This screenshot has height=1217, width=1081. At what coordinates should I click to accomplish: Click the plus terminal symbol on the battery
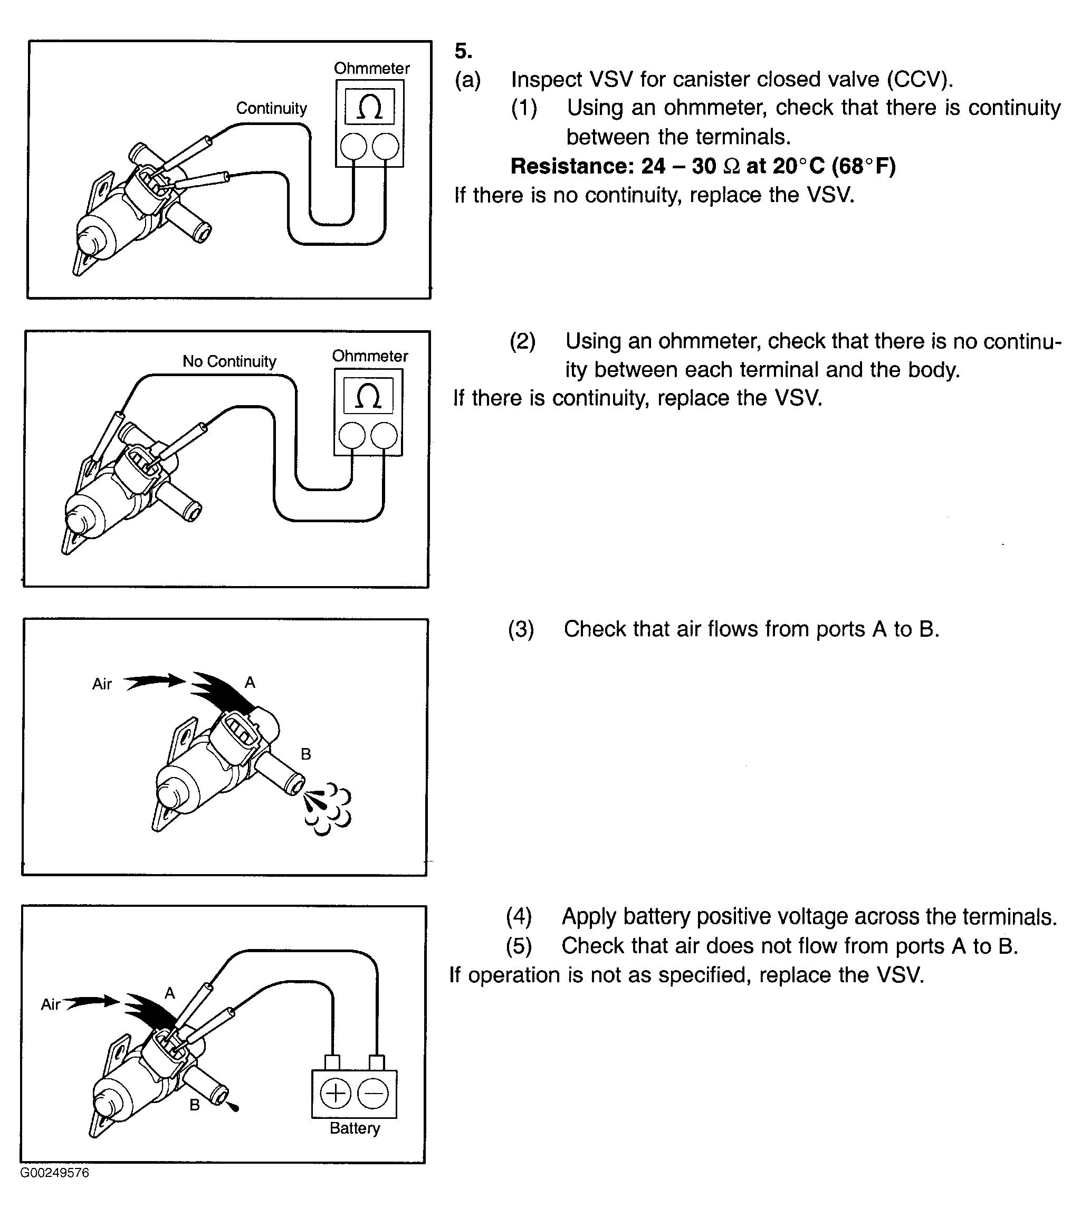point(336,1094)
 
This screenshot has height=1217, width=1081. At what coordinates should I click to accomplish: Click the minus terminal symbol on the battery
point(373,1094)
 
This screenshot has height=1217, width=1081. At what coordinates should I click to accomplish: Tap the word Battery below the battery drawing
point(355,1128)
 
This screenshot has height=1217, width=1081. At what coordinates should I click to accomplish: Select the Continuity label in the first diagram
point(272,108)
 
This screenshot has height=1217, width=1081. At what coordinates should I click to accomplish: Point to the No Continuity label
point(229,361)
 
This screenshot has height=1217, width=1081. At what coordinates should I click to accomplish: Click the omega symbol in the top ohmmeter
point(369,107)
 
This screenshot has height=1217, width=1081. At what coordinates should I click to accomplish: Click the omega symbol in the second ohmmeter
point(368,396)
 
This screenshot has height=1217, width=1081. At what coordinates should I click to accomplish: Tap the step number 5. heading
point(463,51)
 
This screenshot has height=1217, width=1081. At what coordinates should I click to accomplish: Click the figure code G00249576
point(55,1173)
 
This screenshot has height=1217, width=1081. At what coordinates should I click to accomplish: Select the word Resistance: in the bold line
point(572,166)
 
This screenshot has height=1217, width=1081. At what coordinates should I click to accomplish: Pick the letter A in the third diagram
point(250,682)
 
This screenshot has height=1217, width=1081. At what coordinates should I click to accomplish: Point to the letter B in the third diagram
point(306,754)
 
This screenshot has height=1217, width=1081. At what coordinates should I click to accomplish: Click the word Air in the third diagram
point(102,684)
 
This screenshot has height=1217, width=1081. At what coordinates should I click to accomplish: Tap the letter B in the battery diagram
point(195,1105)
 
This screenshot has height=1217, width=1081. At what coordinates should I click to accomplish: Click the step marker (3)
point(521,629)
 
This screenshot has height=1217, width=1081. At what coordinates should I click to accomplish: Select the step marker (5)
point(519,946)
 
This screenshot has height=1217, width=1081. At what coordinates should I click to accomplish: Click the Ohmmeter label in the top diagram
point(371,69)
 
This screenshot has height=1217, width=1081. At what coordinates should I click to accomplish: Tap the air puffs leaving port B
point(328,809)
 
